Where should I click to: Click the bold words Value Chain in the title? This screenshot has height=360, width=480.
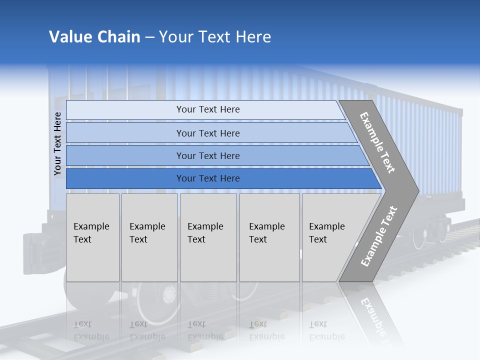(x=94, y=37)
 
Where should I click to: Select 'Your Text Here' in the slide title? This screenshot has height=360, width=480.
(x=215, y=37)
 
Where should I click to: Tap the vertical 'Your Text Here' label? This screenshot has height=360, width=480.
(x=57, y=144)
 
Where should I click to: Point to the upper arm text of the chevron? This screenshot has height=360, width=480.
(x=377, y=142)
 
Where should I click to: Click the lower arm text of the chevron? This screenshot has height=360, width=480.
(x=378, y=236)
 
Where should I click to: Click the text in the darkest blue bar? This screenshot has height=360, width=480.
(x=208, y=178)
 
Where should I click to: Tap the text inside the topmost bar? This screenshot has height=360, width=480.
(x=208, y=109)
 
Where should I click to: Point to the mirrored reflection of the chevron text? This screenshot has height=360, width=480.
(x=372, y=317)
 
